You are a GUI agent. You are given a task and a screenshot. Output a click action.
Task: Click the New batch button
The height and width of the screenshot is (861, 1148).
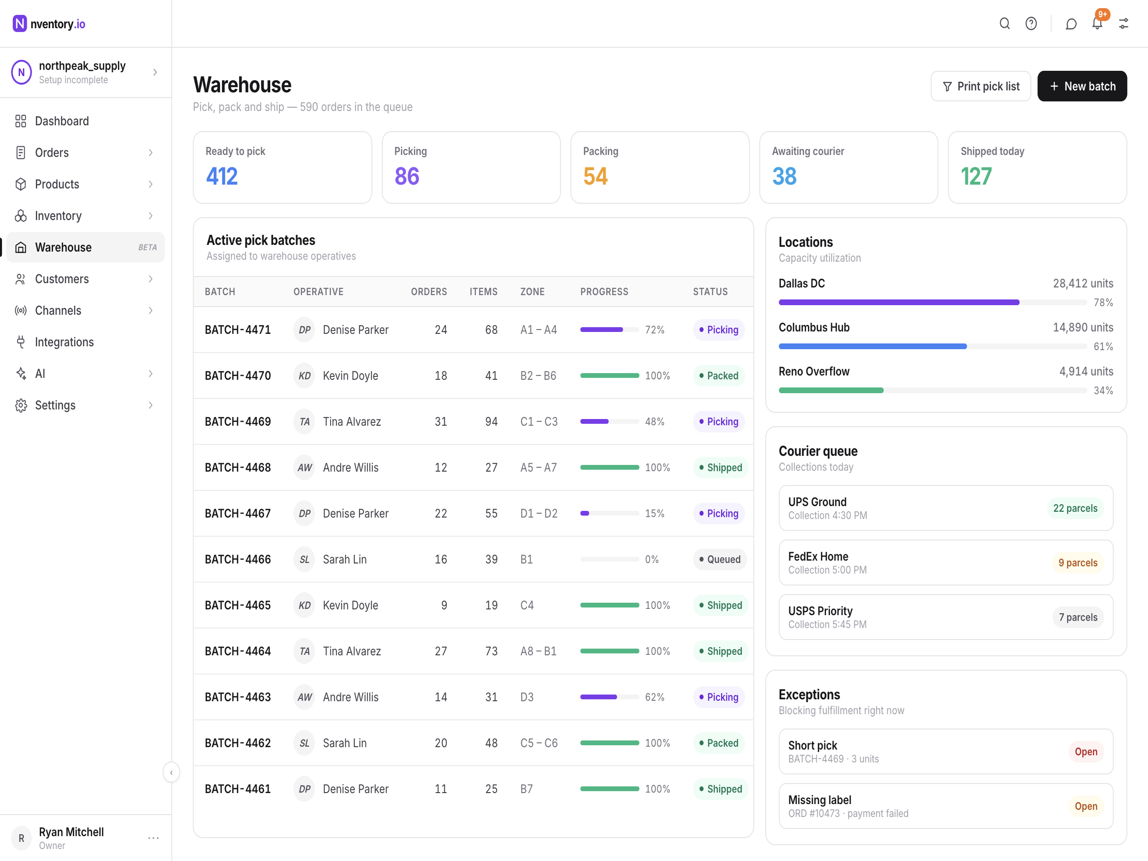1082,86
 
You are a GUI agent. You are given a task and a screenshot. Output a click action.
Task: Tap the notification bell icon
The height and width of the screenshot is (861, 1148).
1097,23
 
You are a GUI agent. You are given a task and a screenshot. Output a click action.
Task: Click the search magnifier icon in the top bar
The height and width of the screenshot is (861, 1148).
1004,23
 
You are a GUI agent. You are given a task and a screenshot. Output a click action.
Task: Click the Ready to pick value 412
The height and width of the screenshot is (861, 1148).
221,177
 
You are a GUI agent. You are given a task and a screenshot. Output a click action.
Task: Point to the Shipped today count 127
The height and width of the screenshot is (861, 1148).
976,177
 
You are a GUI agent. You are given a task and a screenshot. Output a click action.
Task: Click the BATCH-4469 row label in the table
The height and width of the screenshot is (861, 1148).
238,421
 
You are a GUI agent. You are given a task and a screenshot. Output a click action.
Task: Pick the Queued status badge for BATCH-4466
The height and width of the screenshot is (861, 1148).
719,560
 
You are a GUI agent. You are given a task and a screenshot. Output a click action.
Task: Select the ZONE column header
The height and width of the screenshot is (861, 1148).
532,292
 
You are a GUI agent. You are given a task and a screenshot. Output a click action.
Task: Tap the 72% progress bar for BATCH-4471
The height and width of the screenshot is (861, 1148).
609,330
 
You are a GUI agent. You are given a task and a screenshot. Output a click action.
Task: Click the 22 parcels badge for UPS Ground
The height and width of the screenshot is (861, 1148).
1075,508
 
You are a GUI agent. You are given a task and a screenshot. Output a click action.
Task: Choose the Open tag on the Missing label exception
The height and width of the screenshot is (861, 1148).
1086,806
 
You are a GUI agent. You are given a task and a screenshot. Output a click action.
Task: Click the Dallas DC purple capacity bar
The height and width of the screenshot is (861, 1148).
899,302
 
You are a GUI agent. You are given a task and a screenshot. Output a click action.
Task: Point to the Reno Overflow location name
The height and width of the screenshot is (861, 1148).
814,372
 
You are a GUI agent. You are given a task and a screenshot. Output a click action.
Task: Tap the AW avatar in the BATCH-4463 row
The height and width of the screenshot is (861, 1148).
304,697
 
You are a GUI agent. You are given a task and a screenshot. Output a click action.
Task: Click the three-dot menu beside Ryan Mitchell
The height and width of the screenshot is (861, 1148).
153,838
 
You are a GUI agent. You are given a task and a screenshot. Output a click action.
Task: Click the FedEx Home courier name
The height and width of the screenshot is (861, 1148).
818,556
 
